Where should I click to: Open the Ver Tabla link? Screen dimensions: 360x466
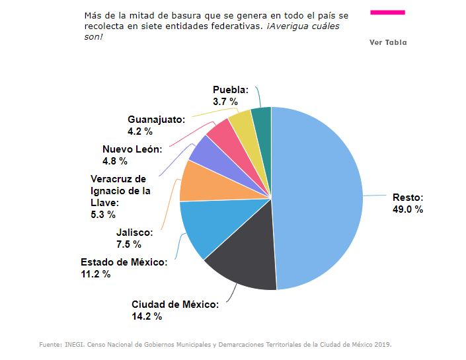click(388, 42)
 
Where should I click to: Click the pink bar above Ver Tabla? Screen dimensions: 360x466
click(388, 12)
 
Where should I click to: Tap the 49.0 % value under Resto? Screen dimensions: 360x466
click(408, 209)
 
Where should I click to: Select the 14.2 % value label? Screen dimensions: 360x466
click(147, 316)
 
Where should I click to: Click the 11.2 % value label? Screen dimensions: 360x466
click(95, 274)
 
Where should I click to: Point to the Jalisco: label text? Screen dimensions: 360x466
click(134, 233)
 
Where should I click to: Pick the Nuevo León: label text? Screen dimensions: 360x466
click(132, 149)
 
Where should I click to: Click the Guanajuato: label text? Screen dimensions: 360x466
click(156, 120)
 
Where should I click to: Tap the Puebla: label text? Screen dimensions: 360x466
click(231, 90)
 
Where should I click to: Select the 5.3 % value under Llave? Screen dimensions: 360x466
click(102, 215)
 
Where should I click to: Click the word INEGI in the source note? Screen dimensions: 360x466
click(73, 345)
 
